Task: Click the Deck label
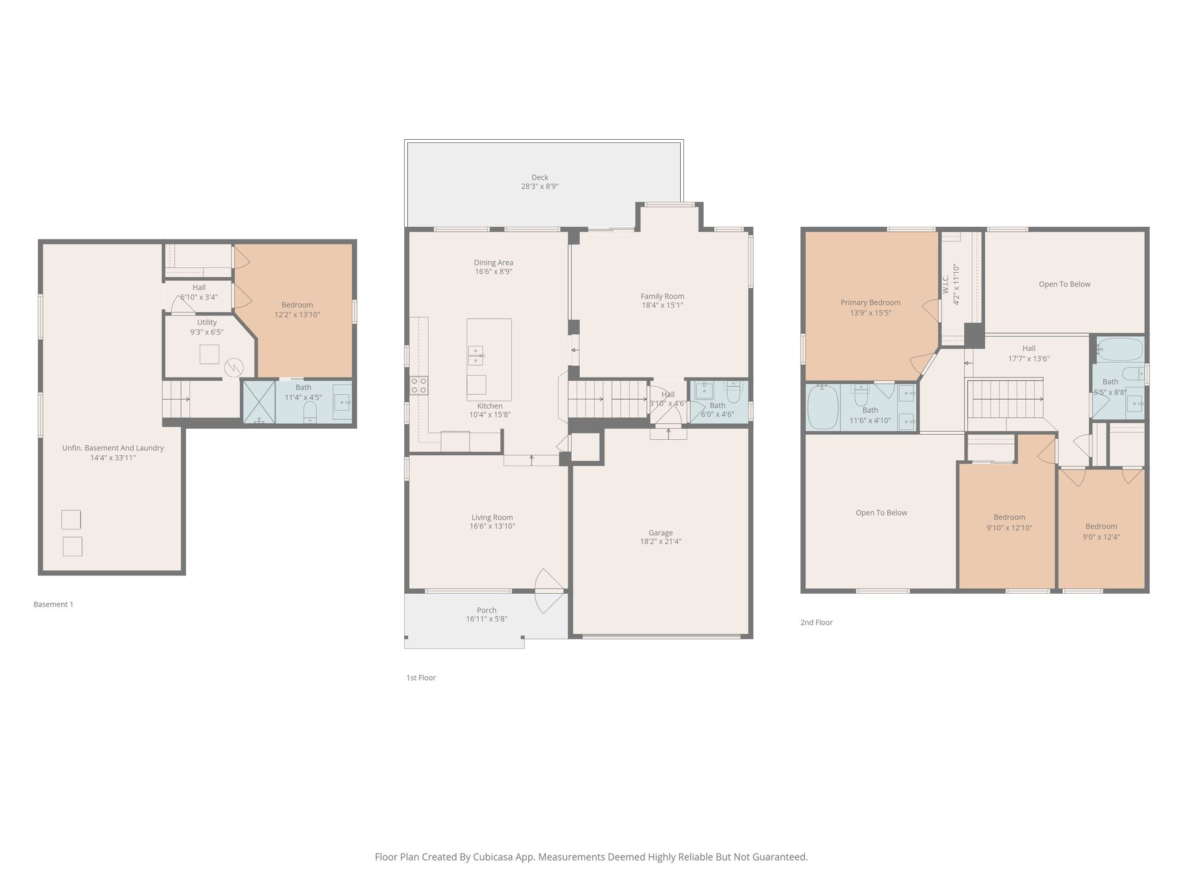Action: (x=540, y=177)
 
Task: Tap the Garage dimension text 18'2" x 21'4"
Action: (x=661, y=542)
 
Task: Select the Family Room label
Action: (x=662, y=296)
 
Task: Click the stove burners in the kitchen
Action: (x=419, y=386)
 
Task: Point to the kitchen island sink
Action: (x=475, y=355)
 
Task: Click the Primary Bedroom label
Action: (x=871, y=302)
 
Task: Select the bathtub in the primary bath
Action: (x=823, y=407)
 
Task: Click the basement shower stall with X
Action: (x=259, y=402)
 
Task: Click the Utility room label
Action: (x=207, y=322)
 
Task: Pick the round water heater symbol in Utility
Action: (x=234, y=368)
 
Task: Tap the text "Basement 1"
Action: (x=54, y=604)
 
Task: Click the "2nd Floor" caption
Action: (x=816, y=622)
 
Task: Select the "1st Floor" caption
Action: (x=421, y=678)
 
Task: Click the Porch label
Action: (x=487, y=610)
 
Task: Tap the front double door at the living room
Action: (x=548, y=591)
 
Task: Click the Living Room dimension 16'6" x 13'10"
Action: (x=493, y=527)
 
